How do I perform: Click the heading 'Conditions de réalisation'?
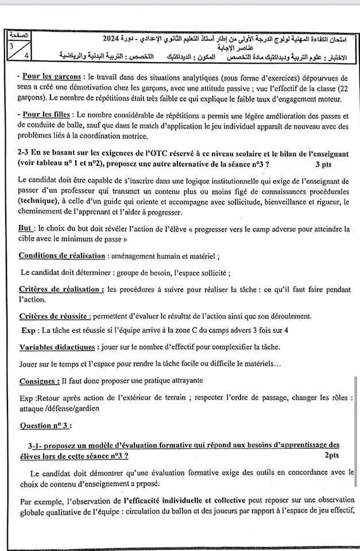pyautogui.click(x=62, y=255)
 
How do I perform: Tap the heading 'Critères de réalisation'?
pyautogui.click(x=61, y=289)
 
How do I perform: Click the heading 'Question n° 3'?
pyautogui.click(x=46, y=426)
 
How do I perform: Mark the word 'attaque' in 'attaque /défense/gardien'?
pyautogui.click(x=33, y=409)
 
